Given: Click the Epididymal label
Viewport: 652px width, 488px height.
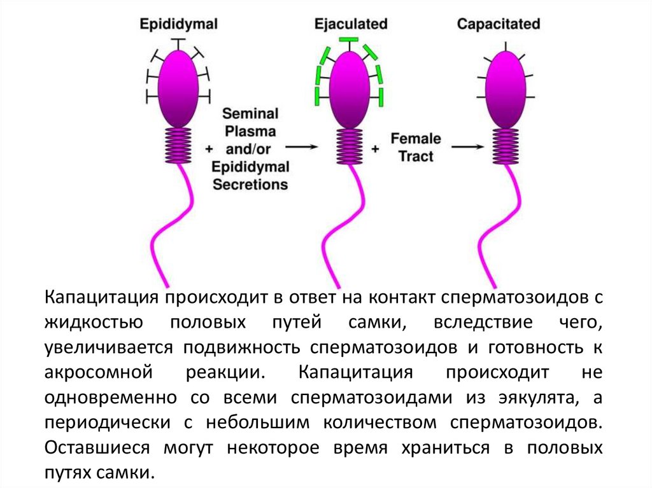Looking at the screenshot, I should click(180, 24).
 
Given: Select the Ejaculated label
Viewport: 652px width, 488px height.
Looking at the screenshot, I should click(351, 24).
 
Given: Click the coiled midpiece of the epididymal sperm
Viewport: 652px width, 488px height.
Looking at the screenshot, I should click(178, 144).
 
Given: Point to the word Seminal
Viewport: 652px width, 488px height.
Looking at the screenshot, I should click(250, 114).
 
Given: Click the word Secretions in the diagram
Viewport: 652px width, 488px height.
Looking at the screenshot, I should click(250, 185).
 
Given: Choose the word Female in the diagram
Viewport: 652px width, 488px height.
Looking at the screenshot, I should click(416, 138).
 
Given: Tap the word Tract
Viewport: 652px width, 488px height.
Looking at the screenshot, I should click(416, 156).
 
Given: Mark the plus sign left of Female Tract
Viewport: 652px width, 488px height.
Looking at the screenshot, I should click(375, 148).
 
